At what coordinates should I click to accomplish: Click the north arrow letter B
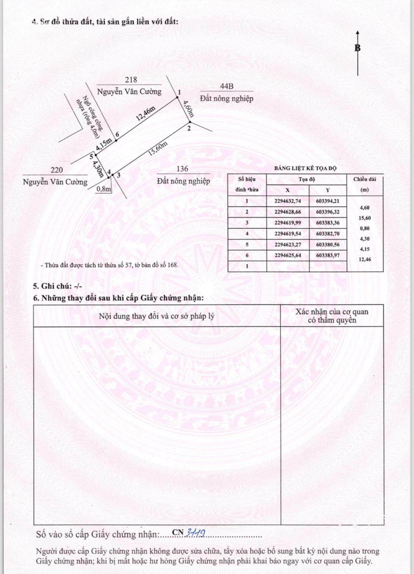pos(357,48)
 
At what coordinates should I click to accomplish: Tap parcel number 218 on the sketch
pos(130,80)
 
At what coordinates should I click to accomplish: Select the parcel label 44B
pos(226,86)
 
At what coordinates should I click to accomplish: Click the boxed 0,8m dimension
pos(103,189)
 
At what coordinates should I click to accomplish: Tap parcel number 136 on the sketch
pos(182,169)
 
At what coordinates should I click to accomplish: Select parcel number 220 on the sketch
pos(57,170)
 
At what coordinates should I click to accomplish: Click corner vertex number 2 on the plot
pos(189,129)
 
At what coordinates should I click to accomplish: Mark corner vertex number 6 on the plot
pos(118,135)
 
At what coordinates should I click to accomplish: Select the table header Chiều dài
pos(364,179)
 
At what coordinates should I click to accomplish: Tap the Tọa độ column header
pos(307,179)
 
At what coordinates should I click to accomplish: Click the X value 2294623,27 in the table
pos(288,244)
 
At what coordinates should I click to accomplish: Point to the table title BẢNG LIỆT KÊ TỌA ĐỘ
pos(306,168)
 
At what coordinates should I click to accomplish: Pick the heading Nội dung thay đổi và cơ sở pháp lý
pos(156,316)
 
